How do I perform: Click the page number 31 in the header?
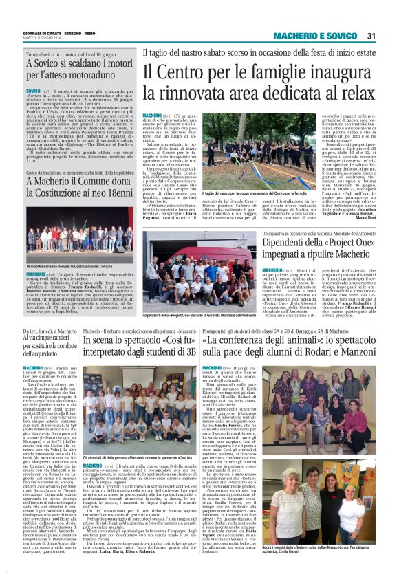coord(371,36)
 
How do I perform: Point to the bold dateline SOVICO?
coord(34,90)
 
